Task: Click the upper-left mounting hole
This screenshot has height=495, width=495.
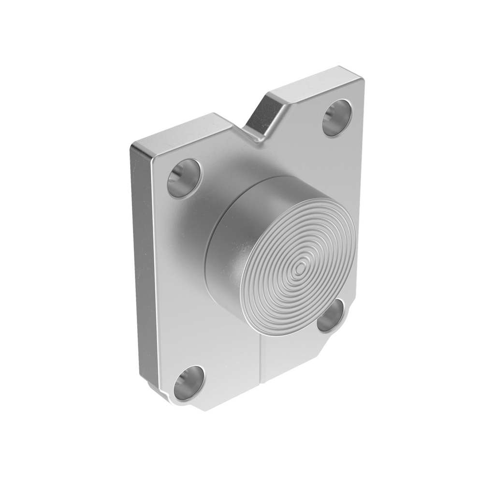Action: pos(184,178)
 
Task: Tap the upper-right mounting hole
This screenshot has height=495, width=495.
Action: pos(337,117)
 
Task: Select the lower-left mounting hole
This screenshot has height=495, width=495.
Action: pos(188,382)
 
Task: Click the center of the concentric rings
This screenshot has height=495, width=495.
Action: pos(301,266)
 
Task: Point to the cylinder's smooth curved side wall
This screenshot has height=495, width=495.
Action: pos(227,242)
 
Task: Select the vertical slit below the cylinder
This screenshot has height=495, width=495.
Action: pos(261,363)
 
